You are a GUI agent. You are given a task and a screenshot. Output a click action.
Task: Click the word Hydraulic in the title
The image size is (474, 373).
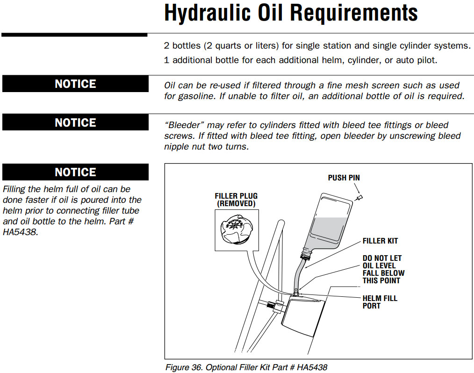click(208, 13)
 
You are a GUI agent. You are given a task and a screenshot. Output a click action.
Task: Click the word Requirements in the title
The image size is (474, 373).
click(354, 13)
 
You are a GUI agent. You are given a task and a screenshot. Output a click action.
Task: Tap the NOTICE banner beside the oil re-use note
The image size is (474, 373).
click(75, 84)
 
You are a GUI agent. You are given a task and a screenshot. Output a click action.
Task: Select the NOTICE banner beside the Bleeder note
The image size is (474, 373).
click(75, 122)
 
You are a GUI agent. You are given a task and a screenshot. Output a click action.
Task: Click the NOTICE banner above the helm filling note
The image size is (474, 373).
click(75, 172)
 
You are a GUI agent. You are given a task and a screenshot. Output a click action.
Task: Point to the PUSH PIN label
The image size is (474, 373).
click(344, 178)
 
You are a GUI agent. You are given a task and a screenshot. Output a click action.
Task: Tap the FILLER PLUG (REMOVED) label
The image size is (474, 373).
click(236, 200)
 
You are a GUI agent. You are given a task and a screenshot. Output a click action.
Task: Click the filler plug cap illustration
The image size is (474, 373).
click(237, 229)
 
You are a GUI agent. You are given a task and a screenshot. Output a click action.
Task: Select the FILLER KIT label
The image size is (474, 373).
click(381, 241)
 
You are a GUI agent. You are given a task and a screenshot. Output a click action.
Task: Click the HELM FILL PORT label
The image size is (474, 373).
click(380, 302)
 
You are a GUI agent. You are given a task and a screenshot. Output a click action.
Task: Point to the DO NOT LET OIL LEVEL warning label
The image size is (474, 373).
click(383, 269)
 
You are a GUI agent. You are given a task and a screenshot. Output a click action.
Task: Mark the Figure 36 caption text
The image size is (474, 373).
click(246, 367)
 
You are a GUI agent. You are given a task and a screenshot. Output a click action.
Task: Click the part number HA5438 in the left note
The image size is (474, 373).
click(20, 232)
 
